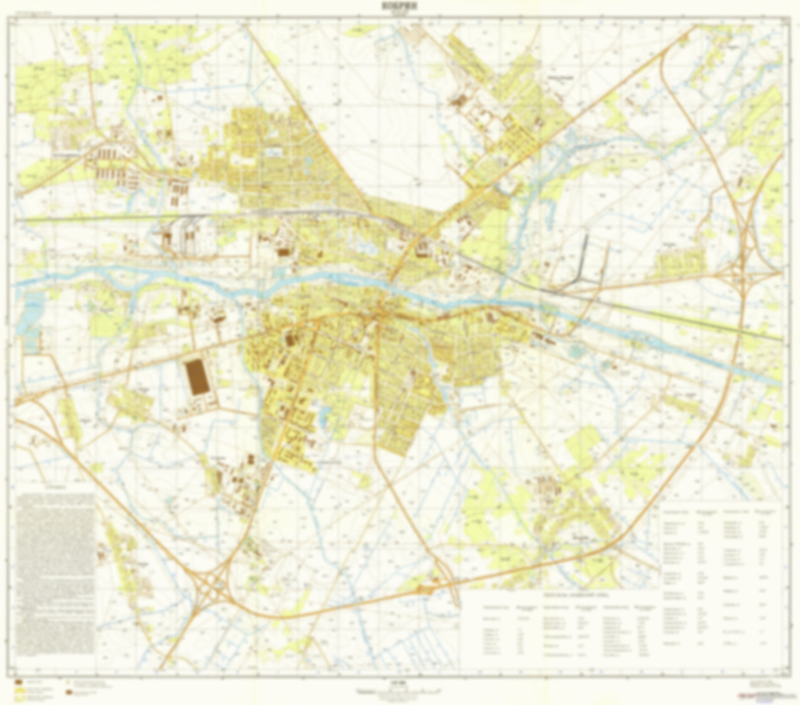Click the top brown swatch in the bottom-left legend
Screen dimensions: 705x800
pos(18,681)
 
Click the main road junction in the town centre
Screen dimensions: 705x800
pos(380,314)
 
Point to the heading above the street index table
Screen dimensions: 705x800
pos(559,594)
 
